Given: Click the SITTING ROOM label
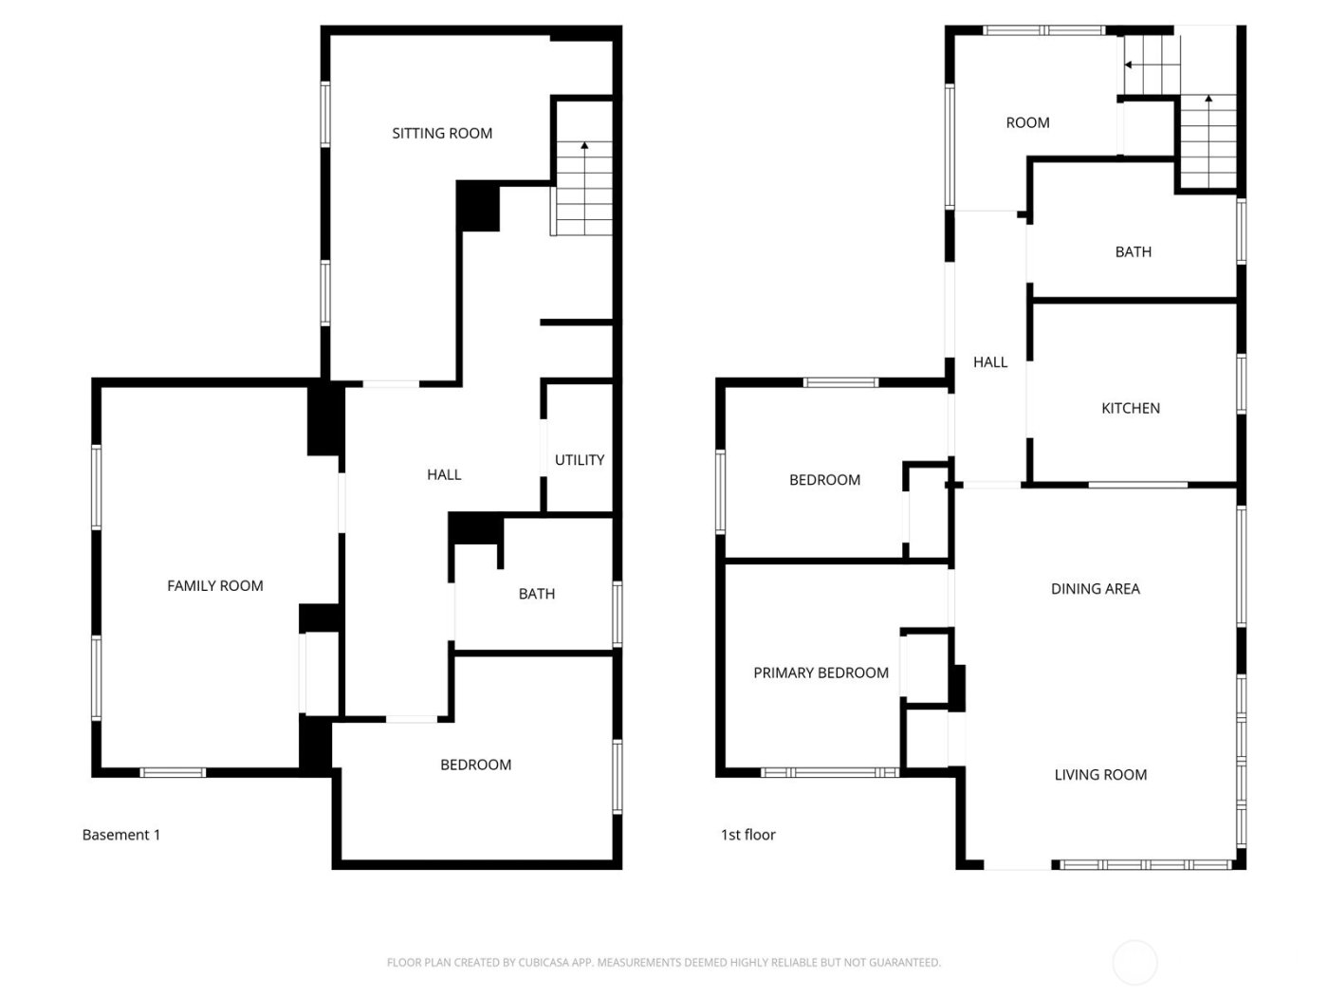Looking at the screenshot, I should (442, 134).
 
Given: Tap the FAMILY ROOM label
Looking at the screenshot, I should (215, 586).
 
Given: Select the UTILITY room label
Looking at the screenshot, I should (580, 460).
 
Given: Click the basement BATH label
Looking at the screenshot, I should (537, 594).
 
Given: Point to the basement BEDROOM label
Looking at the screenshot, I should (476, 765).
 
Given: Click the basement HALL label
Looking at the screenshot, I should (444, 475).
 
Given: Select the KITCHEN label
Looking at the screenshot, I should (1131, 409).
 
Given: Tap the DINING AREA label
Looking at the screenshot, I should (1096, 589).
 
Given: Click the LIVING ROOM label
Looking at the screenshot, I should (1100, 775).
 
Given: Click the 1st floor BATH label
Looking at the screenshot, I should (1134, 252).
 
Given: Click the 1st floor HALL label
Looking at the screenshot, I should (990, 362).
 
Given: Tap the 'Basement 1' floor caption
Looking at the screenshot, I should (121, 835).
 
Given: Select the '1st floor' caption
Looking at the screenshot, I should (748, 835).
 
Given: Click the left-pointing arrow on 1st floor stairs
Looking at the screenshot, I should (1130, 65).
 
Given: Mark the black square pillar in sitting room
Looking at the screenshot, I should (479, 206).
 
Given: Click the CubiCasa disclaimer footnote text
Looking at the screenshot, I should (664, 963).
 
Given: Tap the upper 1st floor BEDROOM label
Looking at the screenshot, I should (825, 480).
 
